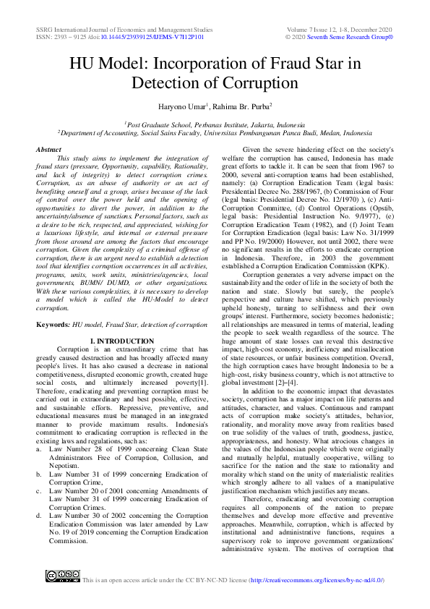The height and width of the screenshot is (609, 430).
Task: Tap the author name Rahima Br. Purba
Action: coord(243,107)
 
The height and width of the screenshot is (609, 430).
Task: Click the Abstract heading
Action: coord(48,149)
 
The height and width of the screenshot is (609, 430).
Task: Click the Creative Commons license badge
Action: coord(63,576)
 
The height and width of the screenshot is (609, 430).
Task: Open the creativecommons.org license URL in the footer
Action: coord(317,581)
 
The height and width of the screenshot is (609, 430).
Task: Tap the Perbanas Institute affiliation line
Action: coord(215,124)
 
